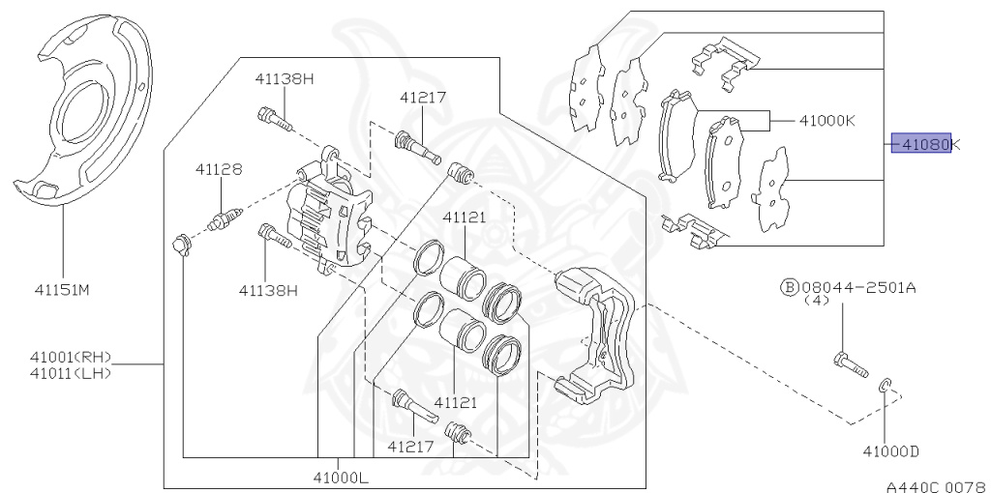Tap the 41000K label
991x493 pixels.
(827, 120)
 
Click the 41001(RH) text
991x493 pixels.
(71, 358)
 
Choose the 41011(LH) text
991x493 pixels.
(71, 372)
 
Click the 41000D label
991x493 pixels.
(891, 450)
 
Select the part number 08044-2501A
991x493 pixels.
(858, 288)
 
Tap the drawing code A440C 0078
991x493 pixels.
(937, 486)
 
